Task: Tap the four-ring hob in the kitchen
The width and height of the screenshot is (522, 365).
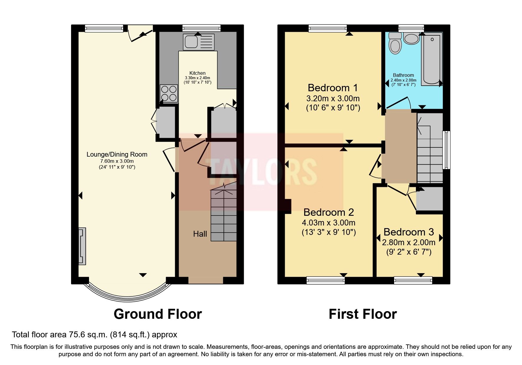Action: pos(169,93)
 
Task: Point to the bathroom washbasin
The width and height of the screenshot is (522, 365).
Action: pos(411,38)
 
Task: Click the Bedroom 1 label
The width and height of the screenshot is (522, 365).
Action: pos(333,88)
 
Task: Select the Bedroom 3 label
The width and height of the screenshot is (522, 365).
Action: pos(409,232)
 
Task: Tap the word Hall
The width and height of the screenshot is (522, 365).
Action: pos(200,234)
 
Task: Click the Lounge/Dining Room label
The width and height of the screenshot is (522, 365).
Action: pos(117,154)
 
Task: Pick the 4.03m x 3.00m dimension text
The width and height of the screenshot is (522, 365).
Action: pos(328,223)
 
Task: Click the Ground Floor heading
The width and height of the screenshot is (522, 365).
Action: pos(158,314)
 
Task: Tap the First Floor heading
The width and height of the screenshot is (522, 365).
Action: pos(363,314)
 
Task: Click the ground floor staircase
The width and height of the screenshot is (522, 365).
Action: pos(224,215)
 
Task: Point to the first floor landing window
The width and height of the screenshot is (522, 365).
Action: pos(447,150)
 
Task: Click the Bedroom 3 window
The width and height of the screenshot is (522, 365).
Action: pos(413,280)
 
